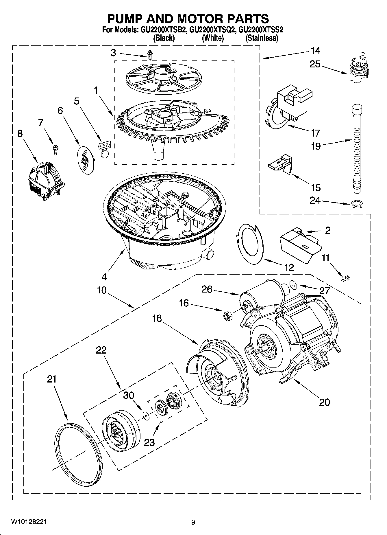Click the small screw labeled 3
(x=150, y=55)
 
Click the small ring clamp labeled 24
(x=357, y=204)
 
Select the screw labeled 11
(x=346, y=279)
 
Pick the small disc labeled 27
(x=294, y=286)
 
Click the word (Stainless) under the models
(x=262, y=38)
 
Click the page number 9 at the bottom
(x=193, y=522)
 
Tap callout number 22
(x=101, y=350)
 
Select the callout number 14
(x=315, y=51)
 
